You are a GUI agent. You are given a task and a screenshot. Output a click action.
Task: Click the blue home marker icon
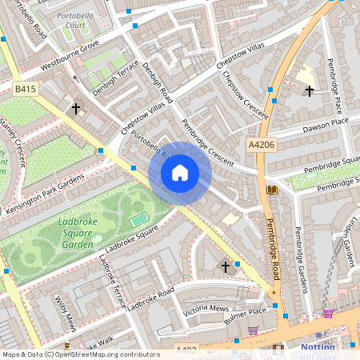click(x=180, y=173)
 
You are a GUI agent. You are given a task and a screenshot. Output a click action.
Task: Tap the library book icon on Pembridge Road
click(x=272, y=190)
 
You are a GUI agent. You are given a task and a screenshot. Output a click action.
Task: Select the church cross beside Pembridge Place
click(x=310, y=91)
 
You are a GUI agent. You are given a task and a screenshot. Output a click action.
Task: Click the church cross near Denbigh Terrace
click(x=77, y=107)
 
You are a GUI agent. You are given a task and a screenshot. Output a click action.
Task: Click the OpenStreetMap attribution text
click(x=81, y=354)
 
